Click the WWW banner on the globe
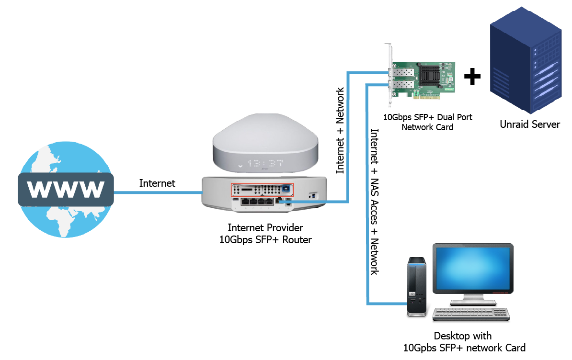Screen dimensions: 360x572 click(66, 189)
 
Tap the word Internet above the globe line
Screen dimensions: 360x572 click(157, 183)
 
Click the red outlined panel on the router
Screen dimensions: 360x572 click(263, 190)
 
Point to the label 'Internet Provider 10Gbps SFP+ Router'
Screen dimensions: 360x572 click(265, 234)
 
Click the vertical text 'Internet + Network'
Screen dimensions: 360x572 click(340, 130)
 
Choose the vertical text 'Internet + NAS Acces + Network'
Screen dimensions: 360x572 click(375, 202)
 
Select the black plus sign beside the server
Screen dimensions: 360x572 click(472, 77)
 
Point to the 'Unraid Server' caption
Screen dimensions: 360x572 click(530, 124)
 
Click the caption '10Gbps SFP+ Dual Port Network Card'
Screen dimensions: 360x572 click(427, 122)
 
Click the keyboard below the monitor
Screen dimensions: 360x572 click(470, 314)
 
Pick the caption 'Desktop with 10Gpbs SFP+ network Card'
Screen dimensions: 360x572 click(464, 342)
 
